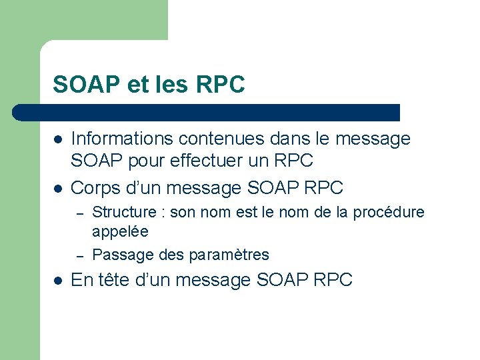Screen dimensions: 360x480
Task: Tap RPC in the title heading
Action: (221, 85)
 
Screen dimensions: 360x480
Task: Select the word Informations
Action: (121, 139)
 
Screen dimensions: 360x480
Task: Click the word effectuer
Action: (211, 161)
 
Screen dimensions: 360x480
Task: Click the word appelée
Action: (120, 231)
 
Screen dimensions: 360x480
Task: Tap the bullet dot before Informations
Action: (59, 140)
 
